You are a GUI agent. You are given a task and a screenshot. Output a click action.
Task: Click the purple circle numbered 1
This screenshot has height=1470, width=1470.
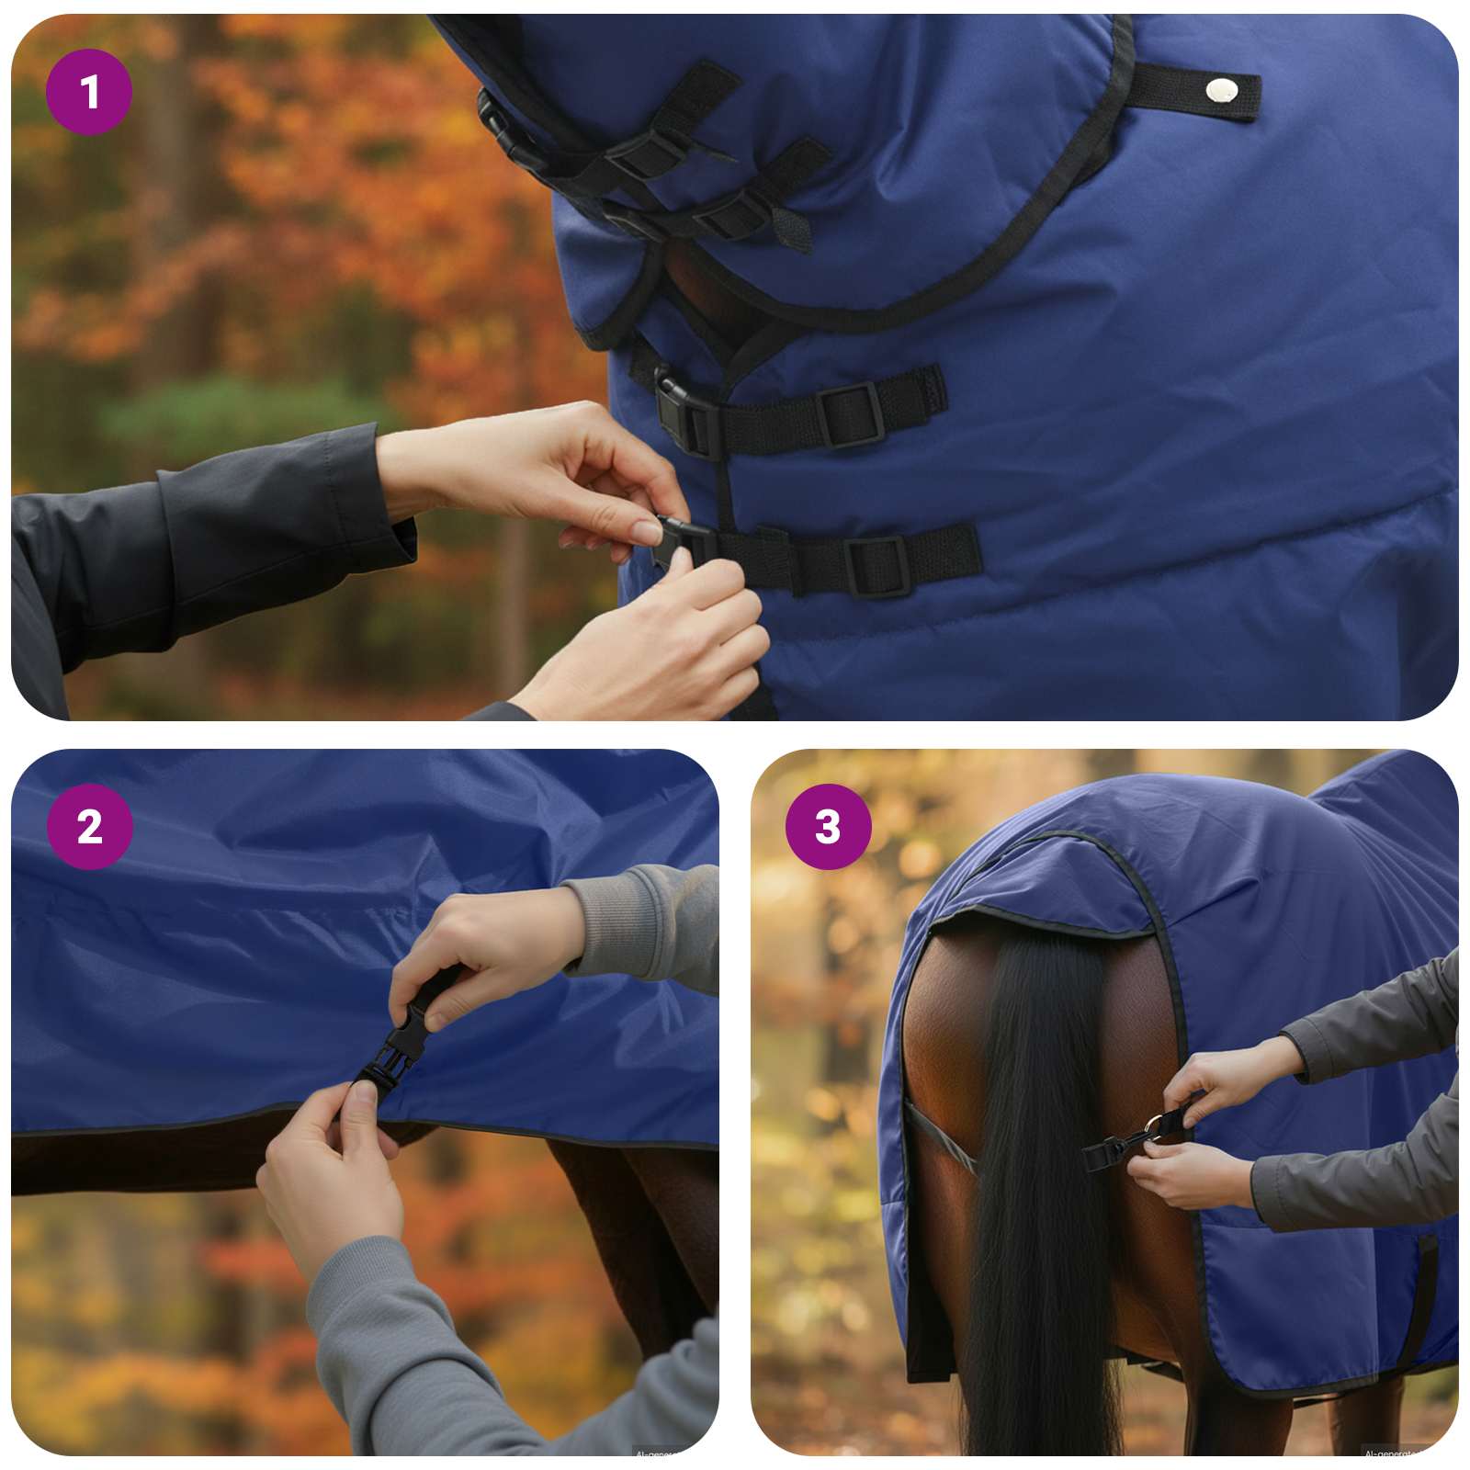89,92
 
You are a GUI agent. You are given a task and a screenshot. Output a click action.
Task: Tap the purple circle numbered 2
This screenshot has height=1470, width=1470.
89,826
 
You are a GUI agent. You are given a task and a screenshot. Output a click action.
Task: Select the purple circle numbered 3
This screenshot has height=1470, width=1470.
828,826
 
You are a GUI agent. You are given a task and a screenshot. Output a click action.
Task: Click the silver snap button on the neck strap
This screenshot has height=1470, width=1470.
1220,89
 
